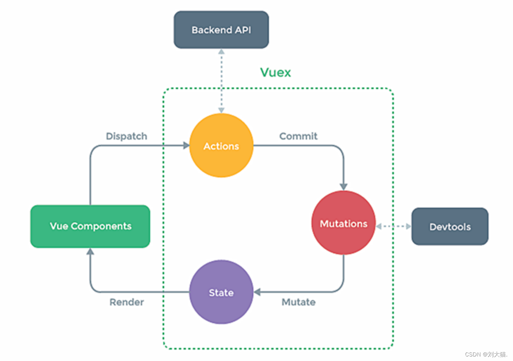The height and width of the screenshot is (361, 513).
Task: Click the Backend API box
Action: click(221, 30)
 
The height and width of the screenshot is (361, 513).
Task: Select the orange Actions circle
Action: click(221, 145)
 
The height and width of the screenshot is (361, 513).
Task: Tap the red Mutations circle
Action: click(343, 223)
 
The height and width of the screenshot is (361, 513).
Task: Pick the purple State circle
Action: click(221, 292)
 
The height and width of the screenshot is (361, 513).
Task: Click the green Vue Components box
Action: click(90, 226)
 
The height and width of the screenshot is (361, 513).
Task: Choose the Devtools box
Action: click(450, 226)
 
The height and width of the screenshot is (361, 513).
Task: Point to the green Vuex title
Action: click(275, 72)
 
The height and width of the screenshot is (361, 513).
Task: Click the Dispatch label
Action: click(126, 136)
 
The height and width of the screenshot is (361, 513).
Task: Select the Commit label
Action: click(298, 136)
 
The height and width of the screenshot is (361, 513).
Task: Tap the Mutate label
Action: click(298, 302)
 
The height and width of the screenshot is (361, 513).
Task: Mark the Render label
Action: click(127, 302)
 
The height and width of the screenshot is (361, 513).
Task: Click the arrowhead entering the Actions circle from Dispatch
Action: click(186, 145)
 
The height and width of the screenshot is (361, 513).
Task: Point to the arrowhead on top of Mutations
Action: click(343, 187)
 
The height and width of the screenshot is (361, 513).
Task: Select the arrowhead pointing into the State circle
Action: click(257, 292)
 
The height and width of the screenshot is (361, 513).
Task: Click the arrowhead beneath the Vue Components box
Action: click(90, 251)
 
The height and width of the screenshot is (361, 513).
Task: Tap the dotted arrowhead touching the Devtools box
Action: click(408, 226)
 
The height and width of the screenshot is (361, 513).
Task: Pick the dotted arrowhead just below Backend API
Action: click(221, 52)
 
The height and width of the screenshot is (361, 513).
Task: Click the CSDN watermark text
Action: click(486, 354)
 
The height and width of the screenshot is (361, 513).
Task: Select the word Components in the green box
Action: click(101, 226)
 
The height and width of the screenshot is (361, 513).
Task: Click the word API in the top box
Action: click(243, 30)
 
